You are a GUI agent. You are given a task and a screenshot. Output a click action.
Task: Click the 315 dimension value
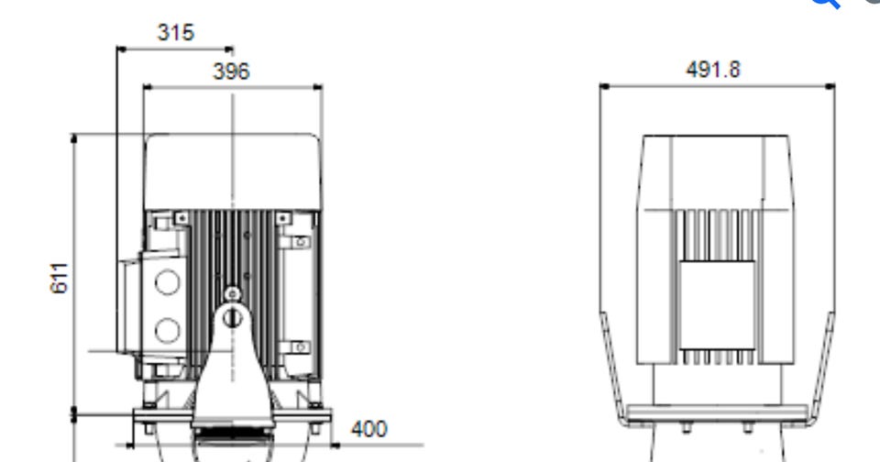click(x=176, y=33)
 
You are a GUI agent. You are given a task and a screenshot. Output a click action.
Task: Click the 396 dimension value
click(x=231, y=71)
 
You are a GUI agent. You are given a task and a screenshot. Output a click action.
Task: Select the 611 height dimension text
click(x=59, y=278)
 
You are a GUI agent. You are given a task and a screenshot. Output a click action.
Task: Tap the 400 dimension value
click(x=369, y=429)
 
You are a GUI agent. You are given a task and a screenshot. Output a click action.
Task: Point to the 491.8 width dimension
click(x=713, y=70)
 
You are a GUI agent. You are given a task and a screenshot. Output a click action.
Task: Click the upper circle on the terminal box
click(x=167, y=281)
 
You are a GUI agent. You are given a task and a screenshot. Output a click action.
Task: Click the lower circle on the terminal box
click(x=167, y=330)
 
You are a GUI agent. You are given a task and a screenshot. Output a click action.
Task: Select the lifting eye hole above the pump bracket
click(x=232, y=318)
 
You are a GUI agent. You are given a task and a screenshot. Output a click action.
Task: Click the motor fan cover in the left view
click(x=232, y=172)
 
